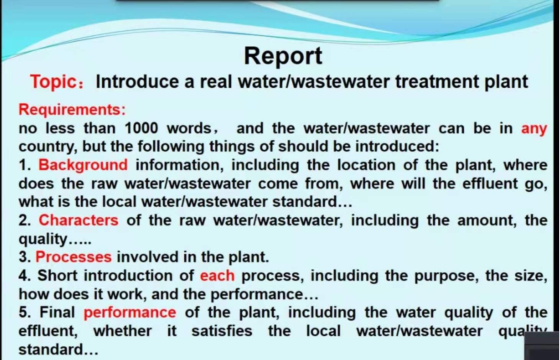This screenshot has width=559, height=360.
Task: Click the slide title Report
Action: click(x=283, y=56)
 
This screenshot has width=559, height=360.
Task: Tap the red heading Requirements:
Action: click(x=72, y=110)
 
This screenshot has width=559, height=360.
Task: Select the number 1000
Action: click(x=141, y=128)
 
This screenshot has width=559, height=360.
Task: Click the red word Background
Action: click(x=83, y=165)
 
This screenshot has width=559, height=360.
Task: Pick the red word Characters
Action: click(x=79, y=220)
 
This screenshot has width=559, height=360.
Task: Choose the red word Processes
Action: click(x=74, y=257)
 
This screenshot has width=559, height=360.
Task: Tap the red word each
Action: click(x=217, y=275)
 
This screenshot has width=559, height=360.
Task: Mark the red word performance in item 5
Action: click(x=130, y=313)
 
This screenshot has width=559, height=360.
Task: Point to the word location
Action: click(x=366, y=165)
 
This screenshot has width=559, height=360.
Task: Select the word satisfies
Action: click(x=222, y=331)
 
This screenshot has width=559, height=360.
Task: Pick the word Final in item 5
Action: click(x=57, y=313)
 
